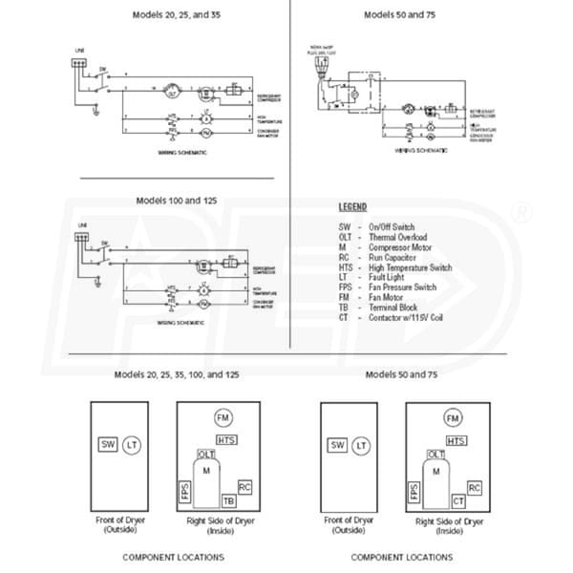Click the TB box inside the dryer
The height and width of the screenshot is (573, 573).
coord(228,500)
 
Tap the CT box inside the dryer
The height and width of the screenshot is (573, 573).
coord(458,500)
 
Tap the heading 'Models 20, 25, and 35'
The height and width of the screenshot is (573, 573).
coord(171,15)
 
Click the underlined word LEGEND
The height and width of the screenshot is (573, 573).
coord(352,207)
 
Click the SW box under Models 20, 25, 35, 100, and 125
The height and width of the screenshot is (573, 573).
coord(107,444)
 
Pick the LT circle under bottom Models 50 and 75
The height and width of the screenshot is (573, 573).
coord(361,445)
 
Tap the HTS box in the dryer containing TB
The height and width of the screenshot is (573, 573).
coord(227,439)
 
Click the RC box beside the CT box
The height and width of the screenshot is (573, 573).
coord(475,488)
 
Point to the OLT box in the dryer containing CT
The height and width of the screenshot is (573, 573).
coord(436,455)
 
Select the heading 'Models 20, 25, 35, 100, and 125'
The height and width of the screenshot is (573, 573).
coord(171,372)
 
